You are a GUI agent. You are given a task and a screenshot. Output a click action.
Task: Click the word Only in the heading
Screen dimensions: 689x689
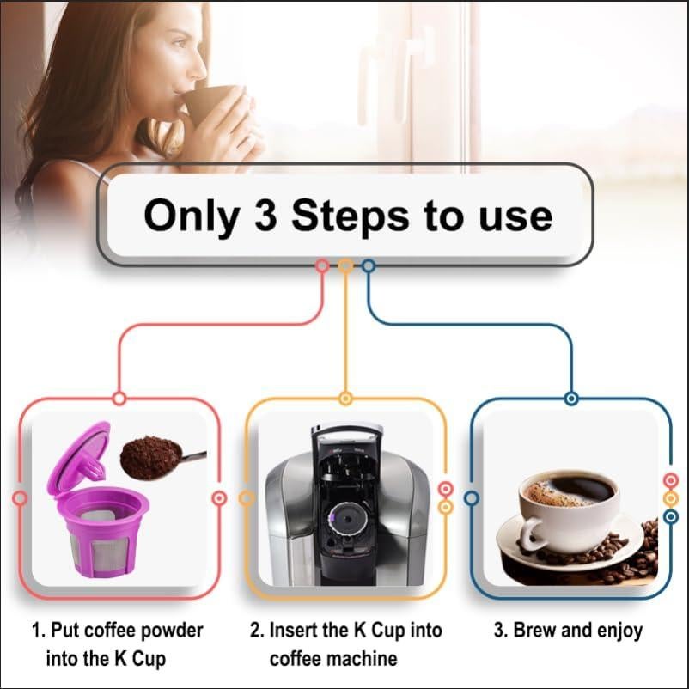(x=191, y=216)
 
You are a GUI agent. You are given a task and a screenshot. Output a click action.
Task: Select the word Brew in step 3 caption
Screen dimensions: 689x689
(x=534, y=631)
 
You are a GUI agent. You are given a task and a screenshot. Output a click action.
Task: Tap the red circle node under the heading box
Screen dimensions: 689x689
(x=322, y=266)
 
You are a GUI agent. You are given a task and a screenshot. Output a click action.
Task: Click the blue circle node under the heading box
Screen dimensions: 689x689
(x=369, y=266)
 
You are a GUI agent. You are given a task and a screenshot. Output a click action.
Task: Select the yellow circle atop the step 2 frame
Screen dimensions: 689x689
(x=345, y=399)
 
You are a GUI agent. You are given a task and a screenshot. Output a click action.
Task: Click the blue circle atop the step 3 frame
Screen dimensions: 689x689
(x=571, y=399)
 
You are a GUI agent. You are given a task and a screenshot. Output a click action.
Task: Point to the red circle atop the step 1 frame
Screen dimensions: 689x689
(x=119, y=399)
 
